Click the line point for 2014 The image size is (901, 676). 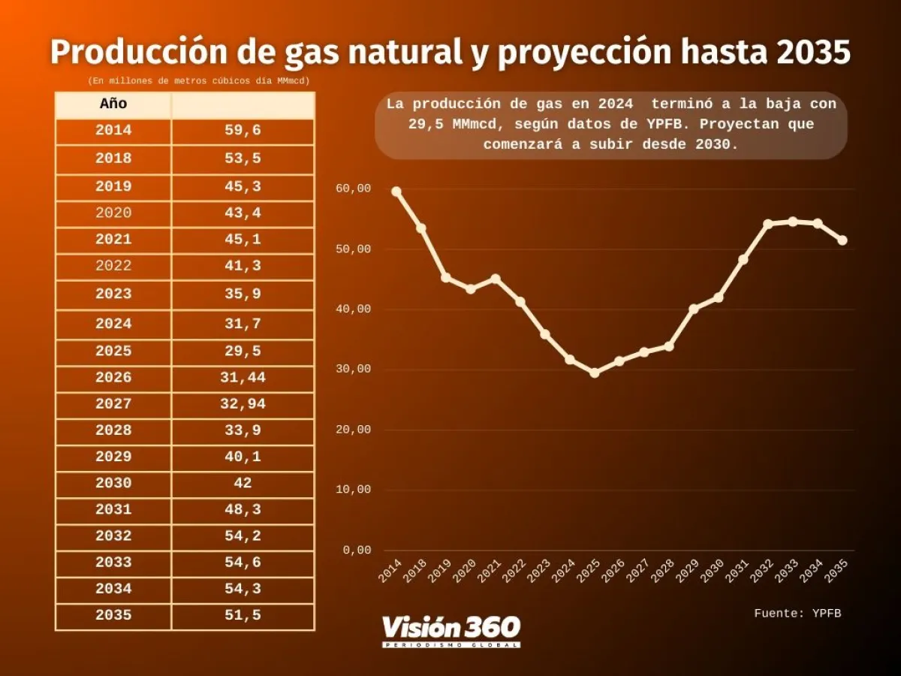pyautogui.click(x=396, y=192)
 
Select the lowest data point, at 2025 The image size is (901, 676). pyautogui.click(x=595, y=373)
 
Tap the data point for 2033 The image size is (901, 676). pyautogui.click(x=793, y=222)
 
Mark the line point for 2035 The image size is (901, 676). pyautogui.click(x=842, y=240)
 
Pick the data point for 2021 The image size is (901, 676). pyautogui.click(x=496, y=279)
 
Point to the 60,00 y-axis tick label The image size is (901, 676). pyautogui.click(x=353, y=189)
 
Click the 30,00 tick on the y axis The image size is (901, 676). pyautogui.click(x=353, y=370)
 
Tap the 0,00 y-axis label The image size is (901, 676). pyautogui.click(x=357, y=550)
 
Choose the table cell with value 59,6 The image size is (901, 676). pyautogui.click(x=243, y=131)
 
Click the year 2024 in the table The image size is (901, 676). pyautogui.click(x=113, y=324)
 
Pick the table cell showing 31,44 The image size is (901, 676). pyautogui.click(x=243, y=378)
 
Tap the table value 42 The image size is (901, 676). pyautogui.click(x=243, y=483)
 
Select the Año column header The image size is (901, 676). pyautogui.click(x=113, y=104)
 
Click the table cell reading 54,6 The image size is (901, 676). pyautogui.click(x=243, y=562)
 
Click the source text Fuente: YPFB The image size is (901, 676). pyautogui.click(x=797, y=614)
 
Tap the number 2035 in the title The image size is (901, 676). pyautogui.click(x=813, y=53)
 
